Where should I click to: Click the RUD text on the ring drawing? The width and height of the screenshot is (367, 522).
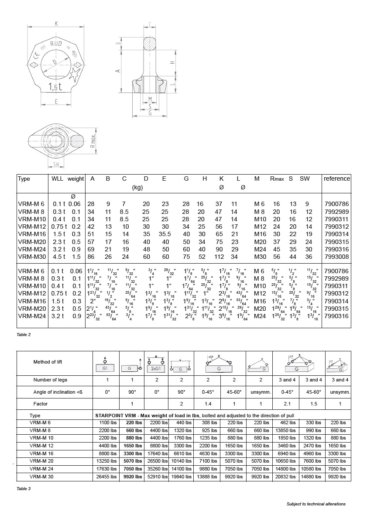click(x=56, y=44)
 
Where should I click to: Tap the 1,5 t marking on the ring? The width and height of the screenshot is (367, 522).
click(x=55, y=86)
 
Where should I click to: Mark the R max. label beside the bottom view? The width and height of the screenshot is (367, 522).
click(x=93, y=142)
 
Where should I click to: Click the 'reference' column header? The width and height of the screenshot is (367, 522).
click(x=336, y=179)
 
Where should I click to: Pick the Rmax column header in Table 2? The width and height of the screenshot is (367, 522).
click(x=277, y=179)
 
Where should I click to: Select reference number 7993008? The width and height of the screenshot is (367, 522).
click(x=336, y=257)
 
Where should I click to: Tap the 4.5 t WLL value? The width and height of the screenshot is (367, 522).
click(x=58, y=257)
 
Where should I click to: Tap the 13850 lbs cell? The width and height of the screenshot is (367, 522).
click(x=287, y=430)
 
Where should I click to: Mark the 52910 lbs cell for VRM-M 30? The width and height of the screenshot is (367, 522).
click(x=157, y=477)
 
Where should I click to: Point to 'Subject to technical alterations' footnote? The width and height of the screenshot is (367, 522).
click(x=316, y=504)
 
